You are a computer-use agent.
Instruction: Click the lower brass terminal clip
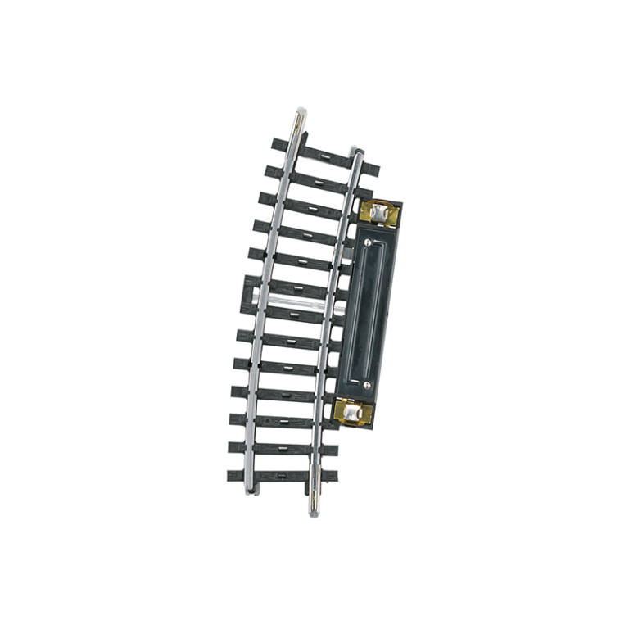(x=353, y=413)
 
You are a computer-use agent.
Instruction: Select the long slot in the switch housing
(x=367, y=314)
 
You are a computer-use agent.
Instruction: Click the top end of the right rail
(x=359, y=152)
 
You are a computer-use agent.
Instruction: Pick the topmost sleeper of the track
(x=326, y=156)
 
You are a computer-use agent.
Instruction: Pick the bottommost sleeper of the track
(x=282, y=475)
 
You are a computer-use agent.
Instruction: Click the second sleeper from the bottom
(x=283, y=449)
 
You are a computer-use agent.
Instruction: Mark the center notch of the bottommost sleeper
(x=282, y=474)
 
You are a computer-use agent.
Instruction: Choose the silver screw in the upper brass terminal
(x=379, y=213)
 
